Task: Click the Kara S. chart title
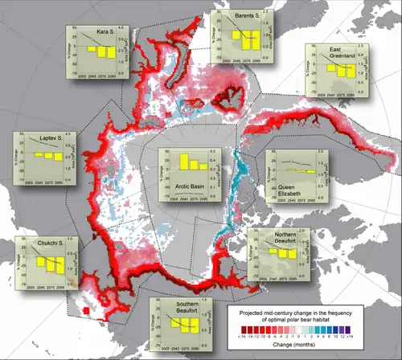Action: [105, 32]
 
